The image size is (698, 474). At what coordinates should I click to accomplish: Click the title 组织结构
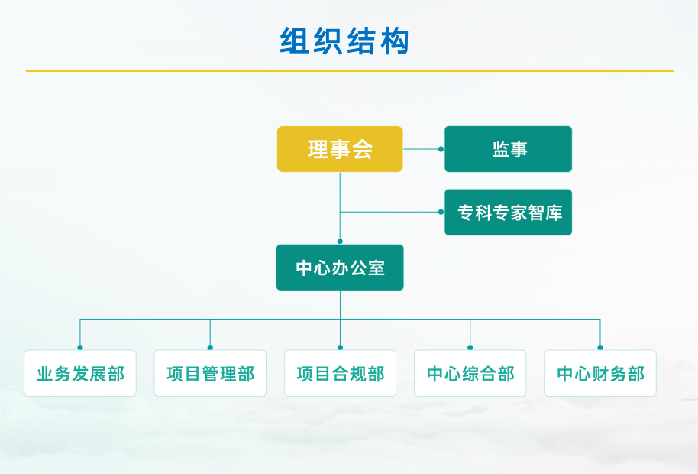click(345, 41)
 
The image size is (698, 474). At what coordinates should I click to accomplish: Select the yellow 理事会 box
click(340, 149)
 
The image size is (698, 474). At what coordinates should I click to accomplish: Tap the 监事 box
click(509, 149)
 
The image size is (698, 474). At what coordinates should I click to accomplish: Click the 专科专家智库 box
click(509, 213)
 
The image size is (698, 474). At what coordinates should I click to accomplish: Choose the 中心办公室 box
click(340, 268)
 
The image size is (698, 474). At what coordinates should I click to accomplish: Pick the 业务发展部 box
click(80, 373)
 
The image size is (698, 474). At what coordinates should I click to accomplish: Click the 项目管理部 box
click(210, 373)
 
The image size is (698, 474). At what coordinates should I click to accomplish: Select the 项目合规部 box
click(340, 373)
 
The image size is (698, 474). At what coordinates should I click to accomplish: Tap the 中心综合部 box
click(470, 373)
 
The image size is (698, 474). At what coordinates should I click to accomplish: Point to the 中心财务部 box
click(600, 373)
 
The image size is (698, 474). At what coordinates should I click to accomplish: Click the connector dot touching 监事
click(441, 149)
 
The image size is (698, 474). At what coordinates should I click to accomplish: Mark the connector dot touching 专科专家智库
click(441, 212)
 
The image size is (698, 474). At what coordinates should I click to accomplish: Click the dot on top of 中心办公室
click(340, 242)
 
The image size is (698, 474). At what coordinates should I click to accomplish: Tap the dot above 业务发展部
click(80, 347)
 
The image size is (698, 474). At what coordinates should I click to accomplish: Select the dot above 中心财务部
click(600, 347)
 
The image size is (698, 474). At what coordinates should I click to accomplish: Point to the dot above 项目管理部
click(210, 347)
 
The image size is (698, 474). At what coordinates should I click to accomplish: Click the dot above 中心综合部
click(470, 347)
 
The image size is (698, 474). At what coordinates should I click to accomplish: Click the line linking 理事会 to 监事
click(422, 149)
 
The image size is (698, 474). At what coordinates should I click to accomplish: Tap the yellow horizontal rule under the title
click(349, 71)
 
